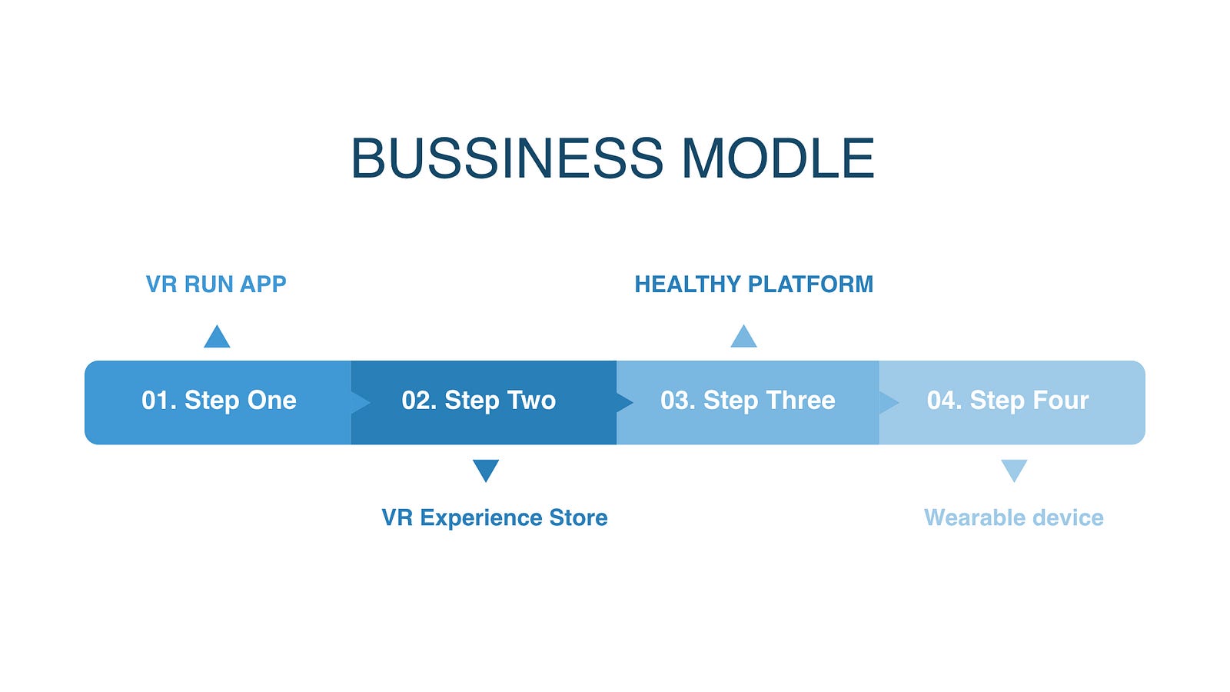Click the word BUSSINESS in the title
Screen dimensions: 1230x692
pyautogui.click(x=507, y=158)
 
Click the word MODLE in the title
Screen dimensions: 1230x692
pyautogui.click(x=779, y=158)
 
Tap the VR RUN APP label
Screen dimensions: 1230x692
pyautogui.click(x=216, y=284)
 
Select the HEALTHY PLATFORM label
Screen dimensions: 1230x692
pyautogui.click(x=753, y=284)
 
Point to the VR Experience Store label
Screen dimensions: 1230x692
pyautogui.click(x=494, y=518)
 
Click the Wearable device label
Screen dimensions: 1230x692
pyautogui.click(x=1014, y=518)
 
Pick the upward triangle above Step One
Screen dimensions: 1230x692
pyautogui.click(x=217, y=337)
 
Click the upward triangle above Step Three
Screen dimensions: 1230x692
pyautogui.click(x=743, y=337)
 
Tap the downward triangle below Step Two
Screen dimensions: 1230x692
pyautogui.click(x=486, y=471)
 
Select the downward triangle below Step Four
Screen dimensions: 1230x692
pyautogui.click(x=1014, y=471)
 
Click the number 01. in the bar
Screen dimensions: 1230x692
pyautogui.click(x=159, y=401)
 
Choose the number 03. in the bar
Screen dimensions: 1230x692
pyautogui.click(x=678, y=401)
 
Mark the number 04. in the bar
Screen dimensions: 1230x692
pyautogui.click(x=945, y=401)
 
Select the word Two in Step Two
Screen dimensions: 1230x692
pyautogui.click(x=528, y=401)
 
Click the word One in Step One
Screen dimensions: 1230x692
pyautogui.click(x=272, y=401)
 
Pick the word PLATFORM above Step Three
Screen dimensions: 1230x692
pyautogui.click(x=810, y=284)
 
